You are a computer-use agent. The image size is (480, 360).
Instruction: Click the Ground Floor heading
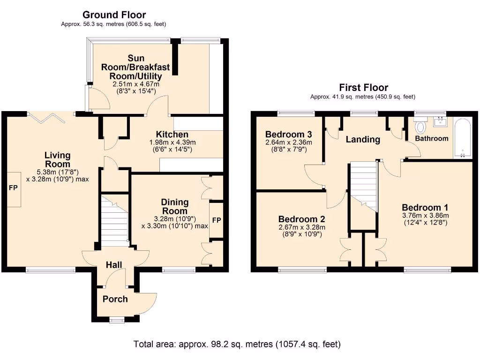pos(114,15)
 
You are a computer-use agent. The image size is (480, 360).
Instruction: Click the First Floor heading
pos(363,88)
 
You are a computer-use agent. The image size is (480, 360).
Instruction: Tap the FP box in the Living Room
pos(14,189)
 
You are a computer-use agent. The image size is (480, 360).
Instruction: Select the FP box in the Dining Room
pos(217,220)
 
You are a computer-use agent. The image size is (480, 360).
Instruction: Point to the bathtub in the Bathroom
pos(462,138)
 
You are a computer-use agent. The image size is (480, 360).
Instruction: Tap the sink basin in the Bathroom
pos(440,121)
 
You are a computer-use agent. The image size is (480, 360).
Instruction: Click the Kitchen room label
pos(172,135)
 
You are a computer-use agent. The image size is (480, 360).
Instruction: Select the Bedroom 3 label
pos(288,135)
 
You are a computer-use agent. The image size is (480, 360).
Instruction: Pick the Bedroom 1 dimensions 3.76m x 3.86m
pos(426,216)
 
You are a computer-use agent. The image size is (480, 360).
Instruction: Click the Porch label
pos(115,299)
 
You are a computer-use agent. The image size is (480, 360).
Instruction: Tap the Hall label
pos(114,265)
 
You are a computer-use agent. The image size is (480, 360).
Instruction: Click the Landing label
pos(363,140)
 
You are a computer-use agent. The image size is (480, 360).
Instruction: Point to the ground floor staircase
pos(114,220)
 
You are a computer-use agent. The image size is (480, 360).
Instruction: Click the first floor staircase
pos(363,187)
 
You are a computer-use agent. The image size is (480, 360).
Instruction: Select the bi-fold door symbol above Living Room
pos(46,118)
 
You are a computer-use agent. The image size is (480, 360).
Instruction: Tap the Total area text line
pos(237,344)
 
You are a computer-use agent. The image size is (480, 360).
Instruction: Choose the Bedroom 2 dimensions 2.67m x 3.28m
pos(302,227)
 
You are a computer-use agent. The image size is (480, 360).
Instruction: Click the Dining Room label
pos(175,206)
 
